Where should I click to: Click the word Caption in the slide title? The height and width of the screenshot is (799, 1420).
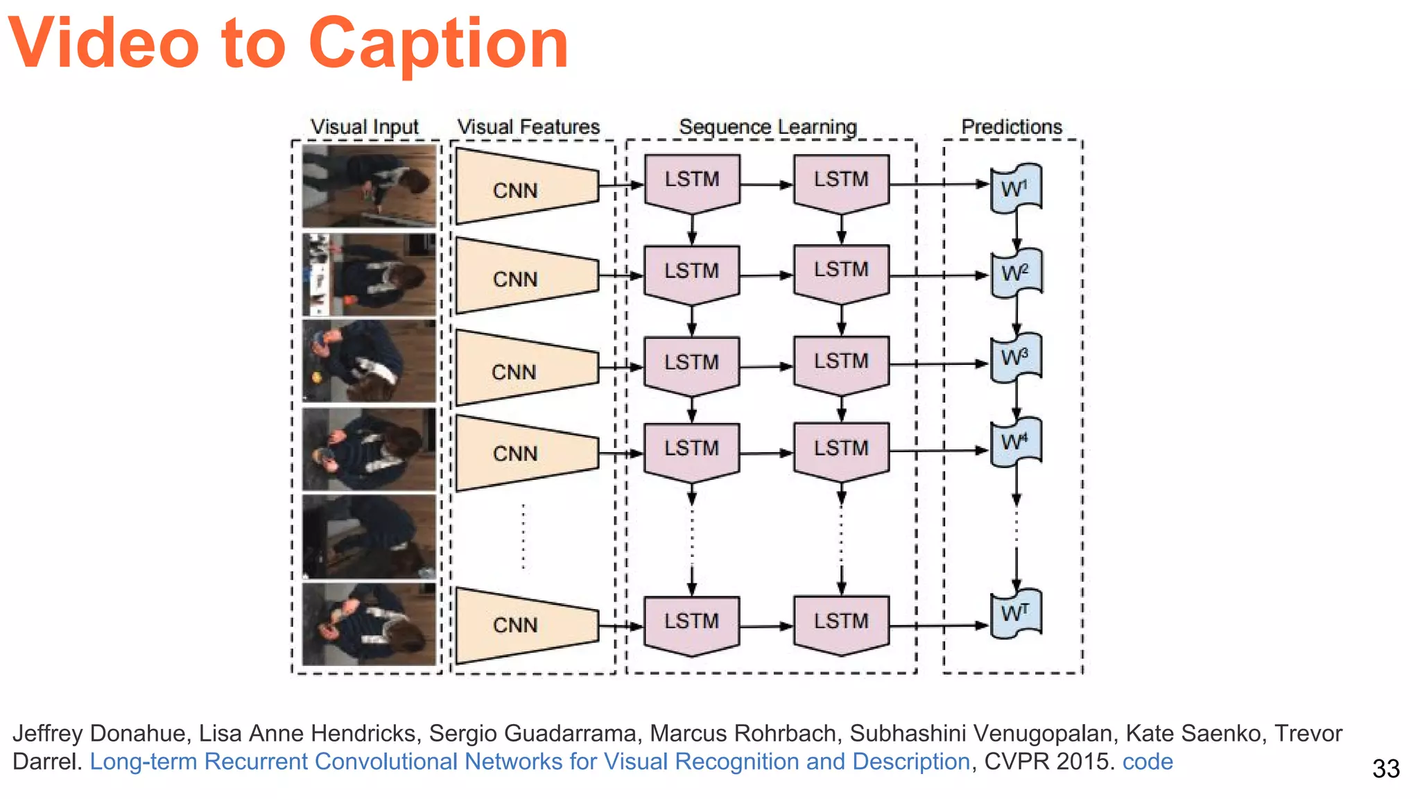point(438,44)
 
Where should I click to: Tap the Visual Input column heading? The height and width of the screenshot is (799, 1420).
point(365,127)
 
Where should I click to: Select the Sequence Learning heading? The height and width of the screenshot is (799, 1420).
point(768,127)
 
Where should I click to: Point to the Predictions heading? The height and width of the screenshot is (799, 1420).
point(1012,127)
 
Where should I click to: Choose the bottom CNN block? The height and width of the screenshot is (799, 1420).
point(526,625)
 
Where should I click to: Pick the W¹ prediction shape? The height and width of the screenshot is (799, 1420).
point(1016,188)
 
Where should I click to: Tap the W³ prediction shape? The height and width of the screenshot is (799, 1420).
point(1016,358)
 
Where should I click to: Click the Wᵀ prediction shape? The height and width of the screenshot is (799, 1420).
point(1016,613)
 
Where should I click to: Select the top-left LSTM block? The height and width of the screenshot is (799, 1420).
point(692,182)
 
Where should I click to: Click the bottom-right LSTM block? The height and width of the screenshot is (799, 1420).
point(841,623)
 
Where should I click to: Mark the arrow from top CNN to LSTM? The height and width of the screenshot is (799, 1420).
point(621,185)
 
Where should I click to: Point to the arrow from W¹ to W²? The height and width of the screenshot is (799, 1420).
point(1016,229)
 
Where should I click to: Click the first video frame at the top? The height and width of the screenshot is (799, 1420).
point(370,186)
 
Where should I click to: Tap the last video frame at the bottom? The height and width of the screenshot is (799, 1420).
point(370,624)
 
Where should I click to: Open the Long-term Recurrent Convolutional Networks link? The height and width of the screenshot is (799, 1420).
point(530,762)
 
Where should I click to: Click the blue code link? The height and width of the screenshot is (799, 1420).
point(1148,762)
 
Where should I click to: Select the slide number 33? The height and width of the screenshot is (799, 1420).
point(1385,768)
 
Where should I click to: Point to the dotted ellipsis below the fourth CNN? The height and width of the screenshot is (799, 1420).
point(523,538)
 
